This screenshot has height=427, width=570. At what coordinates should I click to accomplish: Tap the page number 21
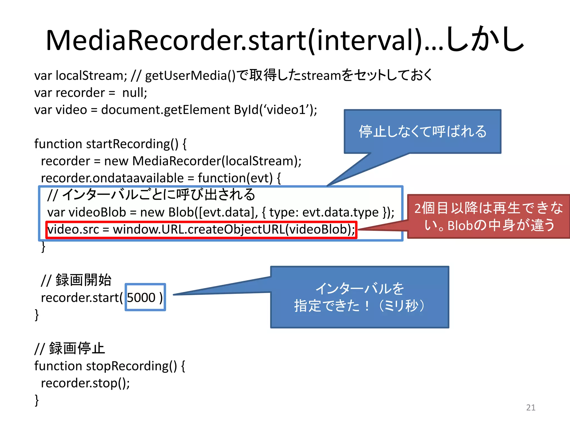click(x=530, y=407)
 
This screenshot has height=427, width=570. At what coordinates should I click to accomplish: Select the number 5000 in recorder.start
click(x=141, y=297)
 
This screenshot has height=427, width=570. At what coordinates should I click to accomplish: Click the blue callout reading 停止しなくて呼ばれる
click(x=422, y=131)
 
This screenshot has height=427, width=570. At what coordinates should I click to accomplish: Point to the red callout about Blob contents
click(x=488, y=216)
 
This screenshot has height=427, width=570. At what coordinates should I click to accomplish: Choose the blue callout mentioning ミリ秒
click(x=360, y=297)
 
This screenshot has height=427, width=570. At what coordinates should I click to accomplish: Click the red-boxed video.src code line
click(x=201, y=230)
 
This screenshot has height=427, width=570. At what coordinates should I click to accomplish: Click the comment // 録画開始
click(x=76, y=280)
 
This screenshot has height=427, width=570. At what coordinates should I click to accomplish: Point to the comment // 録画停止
click(x=70, y=349)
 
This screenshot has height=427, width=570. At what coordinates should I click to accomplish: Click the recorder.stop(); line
click(x=85, y=383)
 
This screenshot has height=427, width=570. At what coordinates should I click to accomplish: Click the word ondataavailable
click(x=138, y=178)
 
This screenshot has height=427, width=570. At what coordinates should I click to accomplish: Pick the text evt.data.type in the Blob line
click(x=340, y=212)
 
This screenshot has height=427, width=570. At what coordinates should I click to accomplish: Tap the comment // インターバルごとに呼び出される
click(x=151, y=195)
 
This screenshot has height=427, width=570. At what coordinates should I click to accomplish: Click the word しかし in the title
click(x=485, y=41)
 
